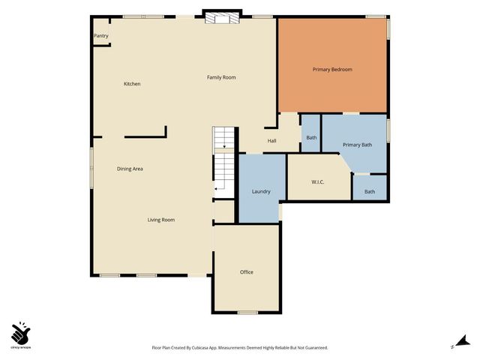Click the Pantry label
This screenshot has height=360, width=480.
(x=100, y=36)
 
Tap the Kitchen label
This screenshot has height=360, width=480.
(x=132, y=84)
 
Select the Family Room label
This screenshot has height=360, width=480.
(x=221, y=77)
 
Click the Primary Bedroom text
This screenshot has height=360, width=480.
(x=332, y=70)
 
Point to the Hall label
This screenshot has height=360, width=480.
(x=272, y=140)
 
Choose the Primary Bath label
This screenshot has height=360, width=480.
(x=357, y=145)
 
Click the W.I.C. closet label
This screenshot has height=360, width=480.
(x=317, y=182)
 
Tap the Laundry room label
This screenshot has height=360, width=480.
(x=261, y=191)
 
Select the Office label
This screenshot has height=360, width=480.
(x=247, y=271)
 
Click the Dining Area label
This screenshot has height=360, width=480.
(x=130, y=169)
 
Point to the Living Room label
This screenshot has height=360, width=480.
(x=160, y=220)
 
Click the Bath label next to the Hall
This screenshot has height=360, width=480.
(x=311, y=138)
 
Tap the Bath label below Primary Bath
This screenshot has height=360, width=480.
(x=370, y=192)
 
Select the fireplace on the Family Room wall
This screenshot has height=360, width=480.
(x=223, y=17)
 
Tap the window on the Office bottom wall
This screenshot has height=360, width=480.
(x=247, y=312)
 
